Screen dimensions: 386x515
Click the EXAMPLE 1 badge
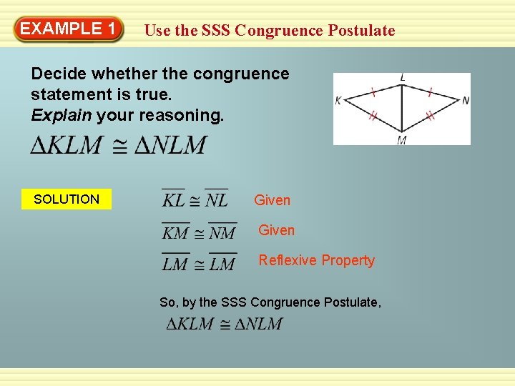coord(68,29)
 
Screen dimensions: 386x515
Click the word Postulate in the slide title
coord(361,30)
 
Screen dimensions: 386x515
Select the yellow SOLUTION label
coord(67,199)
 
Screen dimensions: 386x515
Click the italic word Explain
coord(62,114)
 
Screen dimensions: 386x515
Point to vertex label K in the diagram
coord(338,101)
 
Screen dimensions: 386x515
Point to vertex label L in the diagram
coord(403,77)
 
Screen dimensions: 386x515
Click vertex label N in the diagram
coord(466,101)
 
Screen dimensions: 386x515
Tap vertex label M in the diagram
coord(402,140)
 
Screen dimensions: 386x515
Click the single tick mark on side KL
coord(373,92)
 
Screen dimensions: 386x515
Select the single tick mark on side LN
coord(429,92)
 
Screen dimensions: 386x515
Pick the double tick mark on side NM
coord(430,115)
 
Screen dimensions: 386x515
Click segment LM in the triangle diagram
coord(402,107)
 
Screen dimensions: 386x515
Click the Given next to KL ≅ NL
coord(273,201)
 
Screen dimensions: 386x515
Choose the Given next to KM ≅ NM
coord(276,230)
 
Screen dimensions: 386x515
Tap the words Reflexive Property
coord(316,260)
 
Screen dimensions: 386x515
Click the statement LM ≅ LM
coord(199,264)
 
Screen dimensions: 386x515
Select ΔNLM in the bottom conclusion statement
coord(260,324)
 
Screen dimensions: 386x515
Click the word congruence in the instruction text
coord(244,74)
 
